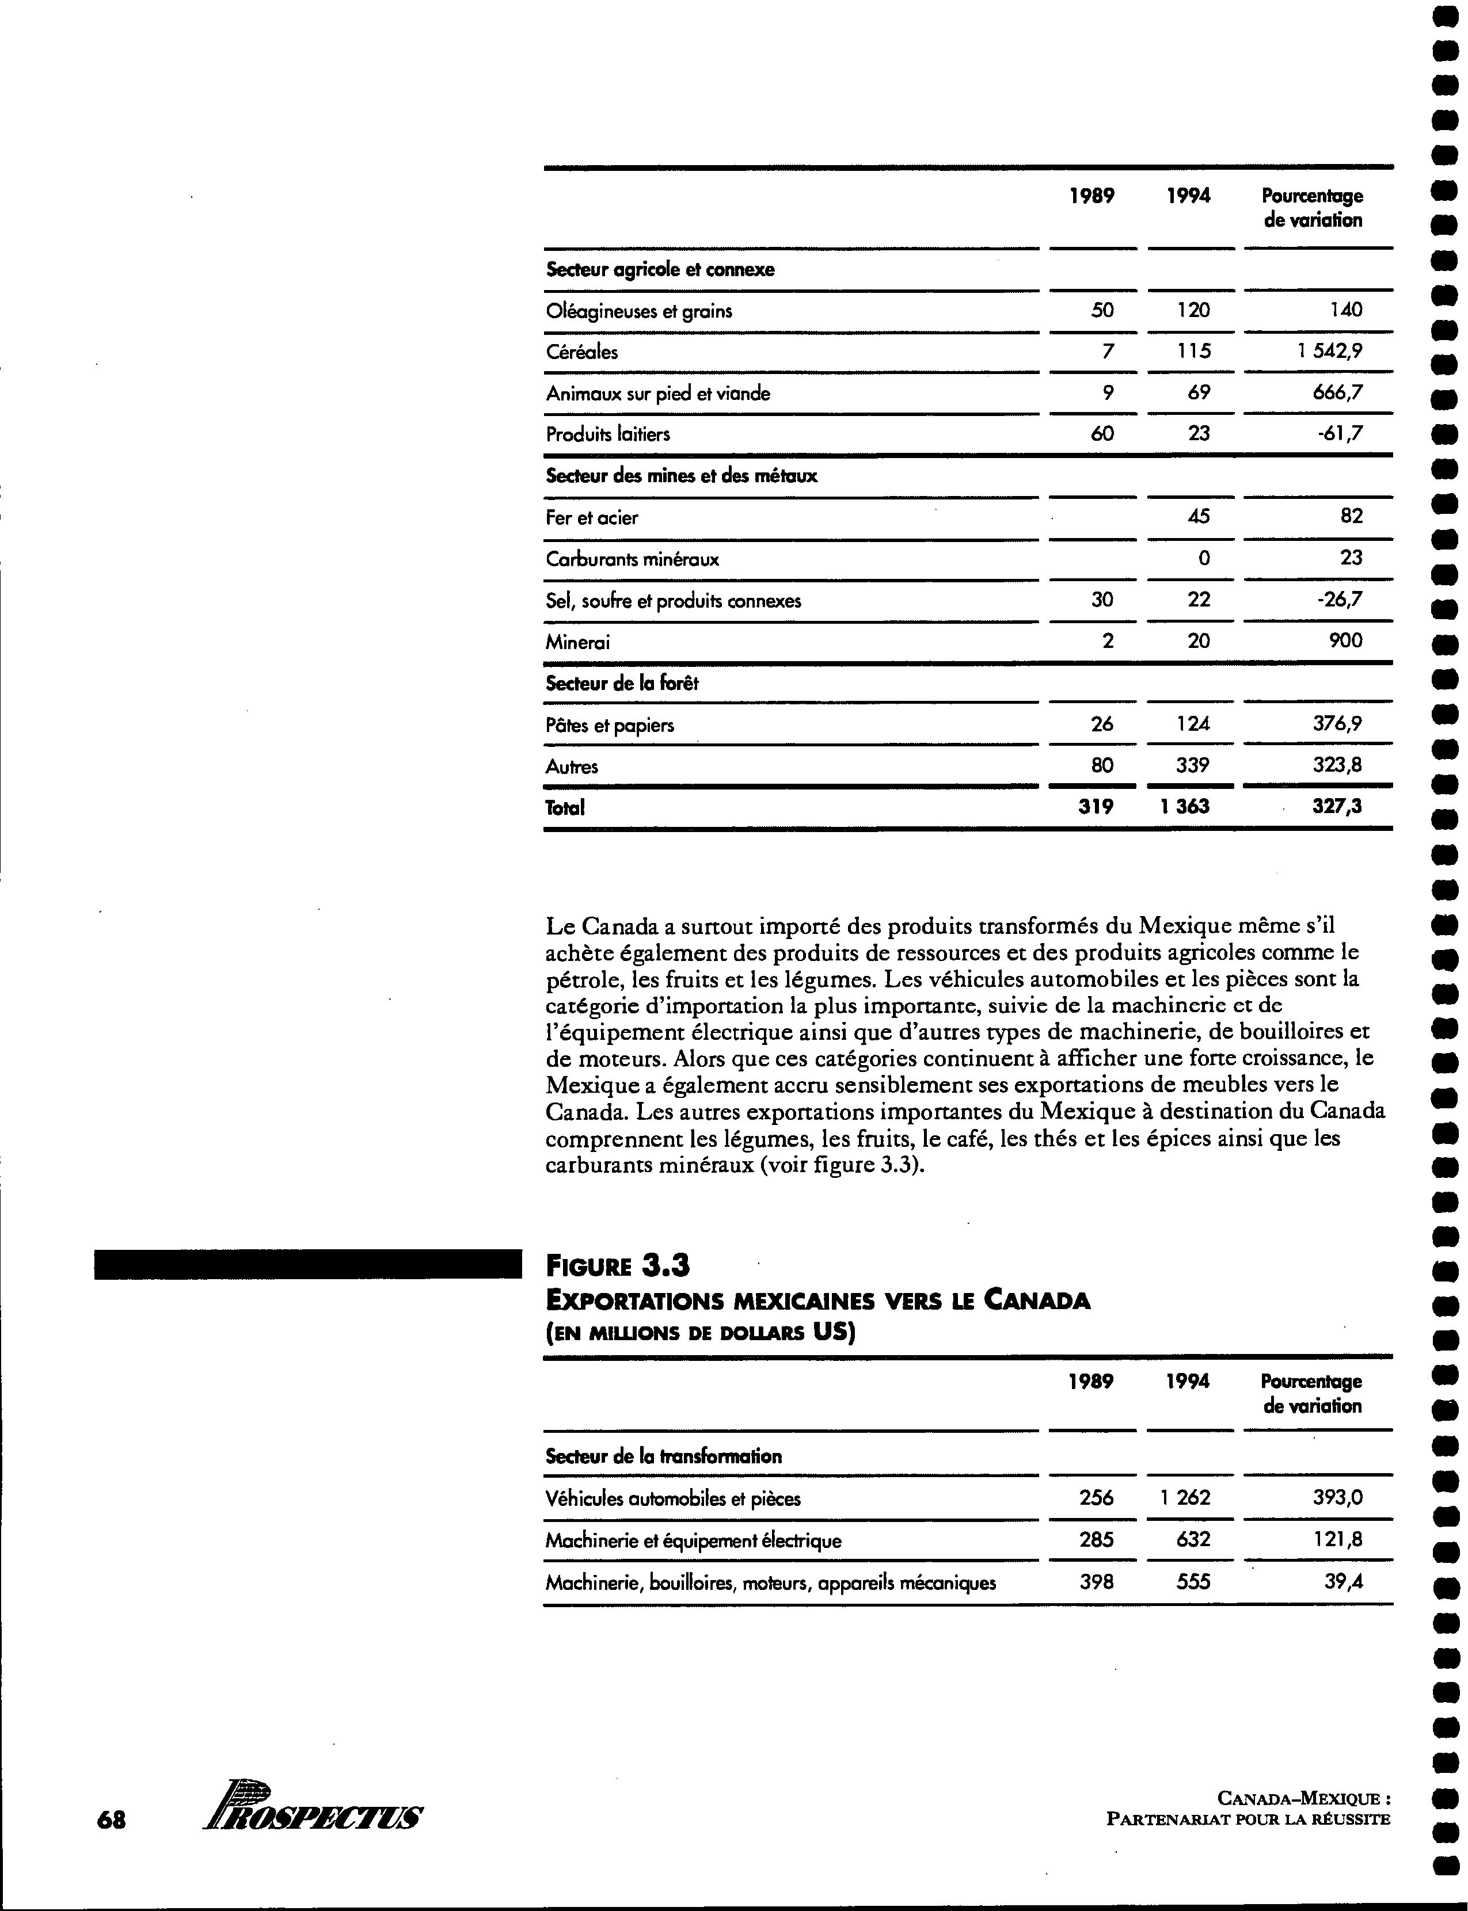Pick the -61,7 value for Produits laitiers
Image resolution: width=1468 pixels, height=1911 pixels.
pos(1340,433)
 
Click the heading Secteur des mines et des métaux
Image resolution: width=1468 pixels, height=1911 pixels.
pos(682,476)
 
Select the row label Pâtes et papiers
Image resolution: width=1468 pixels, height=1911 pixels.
pos(610,725)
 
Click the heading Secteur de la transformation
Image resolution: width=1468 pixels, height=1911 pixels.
pos(663,1456)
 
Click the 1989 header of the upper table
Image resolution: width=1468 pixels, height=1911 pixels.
pos(1092,197)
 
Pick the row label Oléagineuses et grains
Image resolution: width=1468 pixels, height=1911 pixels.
pos(639,311)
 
